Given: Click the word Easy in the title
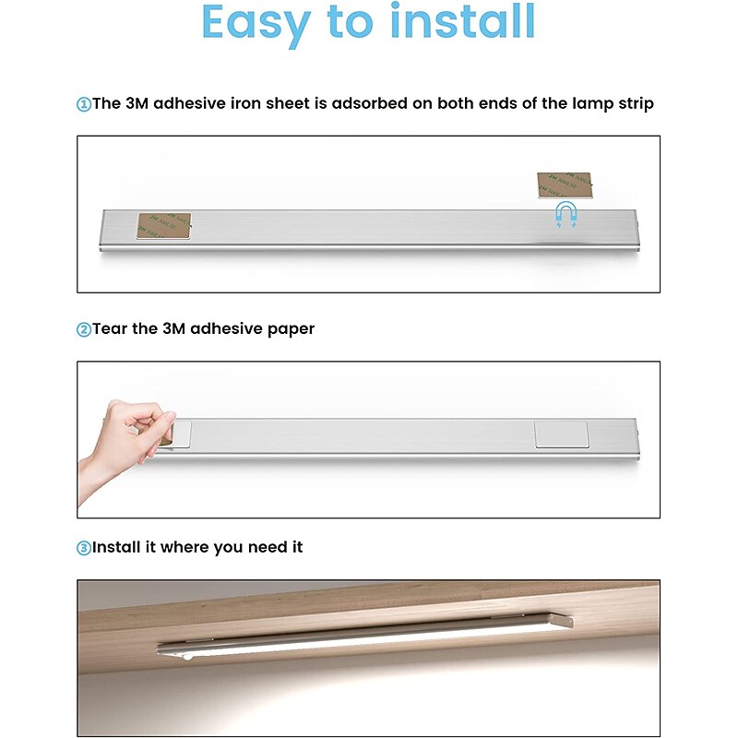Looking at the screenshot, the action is coord(256,25).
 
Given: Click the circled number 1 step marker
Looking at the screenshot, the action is coord(84,104).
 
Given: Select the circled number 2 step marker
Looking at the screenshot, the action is coord(84,329).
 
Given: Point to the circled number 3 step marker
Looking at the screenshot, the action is coord(84,548).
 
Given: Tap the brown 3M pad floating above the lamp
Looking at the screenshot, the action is coord(565,185).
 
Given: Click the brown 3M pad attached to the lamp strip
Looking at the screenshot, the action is coord(164,226).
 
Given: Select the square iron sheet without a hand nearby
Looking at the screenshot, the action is coord(562,434).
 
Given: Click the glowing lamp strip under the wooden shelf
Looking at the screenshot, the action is coord(364,637).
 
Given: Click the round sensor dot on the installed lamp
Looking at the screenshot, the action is coord(188,656).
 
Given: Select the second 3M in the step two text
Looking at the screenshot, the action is coord(173,328).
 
